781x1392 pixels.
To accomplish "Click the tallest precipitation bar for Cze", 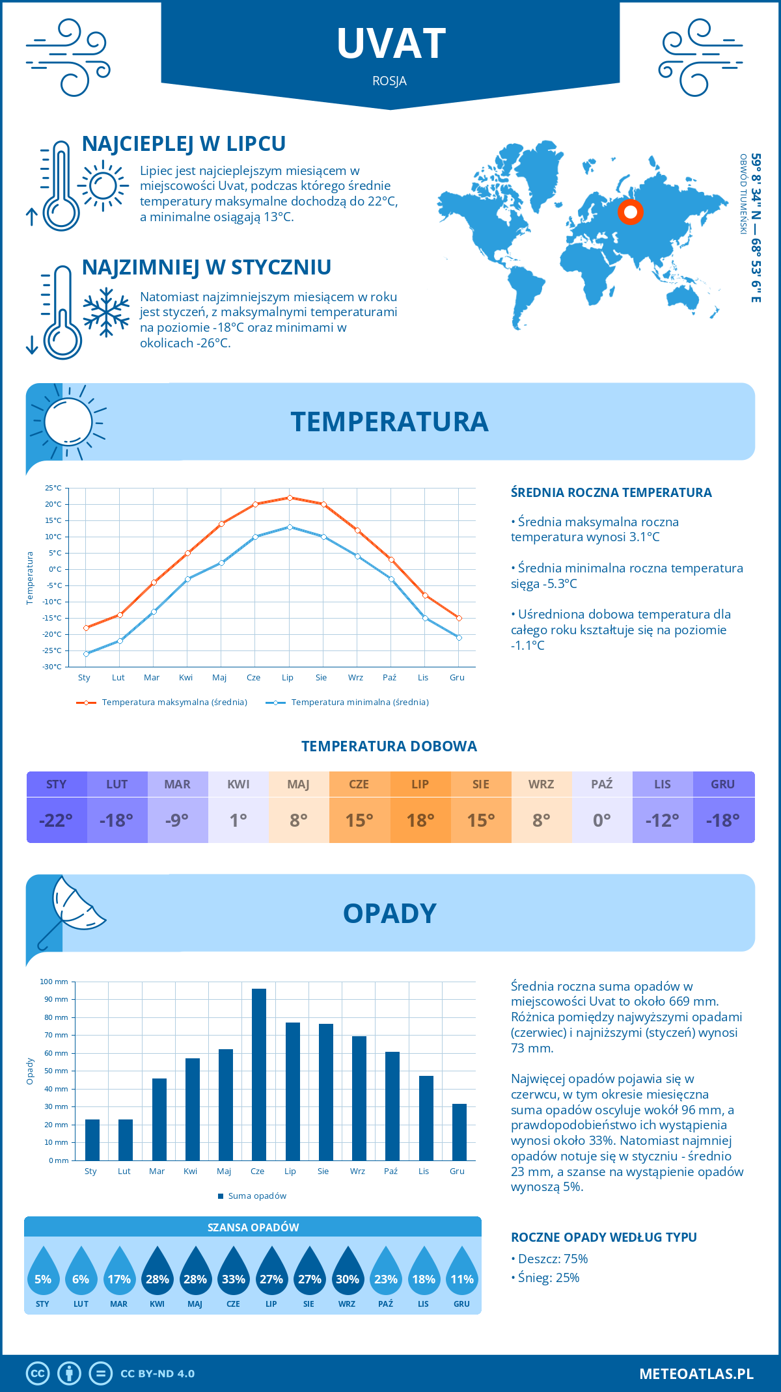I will point(259,1074).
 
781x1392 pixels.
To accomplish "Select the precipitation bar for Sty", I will point(92,1140).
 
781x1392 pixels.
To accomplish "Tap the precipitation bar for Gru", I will point(459,1132).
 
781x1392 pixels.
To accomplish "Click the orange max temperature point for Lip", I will point(290,498).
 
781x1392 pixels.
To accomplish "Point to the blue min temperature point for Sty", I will point(86,654).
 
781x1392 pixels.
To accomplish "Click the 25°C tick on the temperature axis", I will point(53,488).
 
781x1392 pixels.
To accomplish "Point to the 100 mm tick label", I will point(54,982).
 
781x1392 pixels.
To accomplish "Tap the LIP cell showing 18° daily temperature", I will point(420,820).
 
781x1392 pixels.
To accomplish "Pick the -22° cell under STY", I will point(56,820).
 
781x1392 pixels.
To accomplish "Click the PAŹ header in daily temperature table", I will point(602,784).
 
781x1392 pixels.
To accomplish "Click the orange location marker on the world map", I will point(630,212).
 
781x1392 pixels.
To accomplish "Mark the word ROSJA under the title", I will point(390,81).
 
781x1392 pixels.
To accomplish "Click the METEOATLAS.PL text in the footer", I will point(696,1374).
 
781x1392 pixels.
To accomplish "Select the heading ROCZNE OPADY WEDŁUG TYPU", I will point(603,1237).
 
